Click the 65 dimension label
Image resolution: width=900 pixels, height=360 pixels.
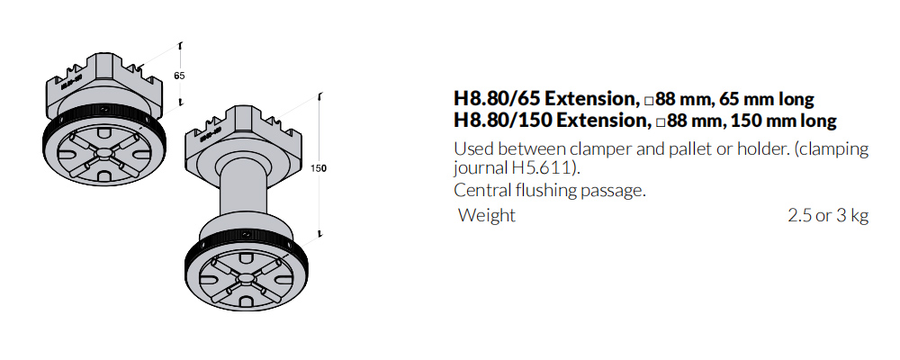pyautogui.click(x=179, y=76)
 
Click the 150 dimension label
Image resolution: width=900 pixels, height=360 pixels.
pyautogui.click(x=318, y=168)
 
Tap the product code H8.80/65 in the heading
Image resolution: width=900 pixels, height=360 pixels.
pyautogui.click(x=496, y=99)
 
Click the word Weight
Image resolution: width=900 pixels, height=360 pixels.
pyautogui.click(x=487, y=215)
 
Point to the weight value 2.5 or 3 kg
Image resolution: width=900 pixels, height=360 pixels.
pyautogui.click(x=828, y=215)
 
